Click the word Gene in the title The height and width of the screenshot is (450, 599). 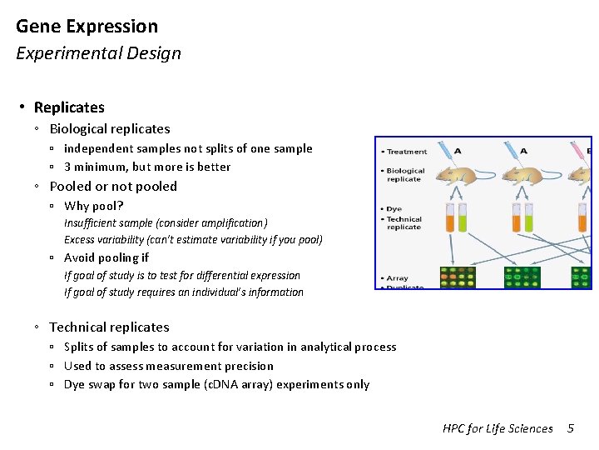coord(36,27)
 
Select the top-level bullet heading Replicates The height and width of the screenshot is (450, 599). coord(69,107)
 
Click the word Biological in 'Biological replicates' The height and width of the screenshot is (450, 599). coord(80,129)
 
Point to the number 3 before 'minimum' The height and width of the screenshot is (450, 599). coord(67,167)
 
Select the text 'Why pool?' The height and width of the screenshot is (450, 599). coord(94,206)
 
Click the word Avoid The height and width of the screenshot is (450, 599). coord(81,257)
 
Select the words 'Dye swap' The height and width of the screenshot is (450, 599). coord(91,384)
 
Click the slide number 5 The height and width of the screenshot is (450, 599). coord(571,428)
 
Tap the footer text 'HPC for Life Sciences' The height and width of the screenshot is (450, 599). coord(498,428)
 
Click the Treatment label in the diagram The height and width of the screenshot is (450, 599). coord(407,152)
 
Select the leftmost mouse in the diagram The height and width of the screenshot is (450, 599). coord(453,176)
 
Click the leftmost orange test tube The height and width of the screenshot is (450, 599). coord(449,217)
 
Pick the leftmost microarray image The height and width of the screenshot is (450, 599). coord(458,277)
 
